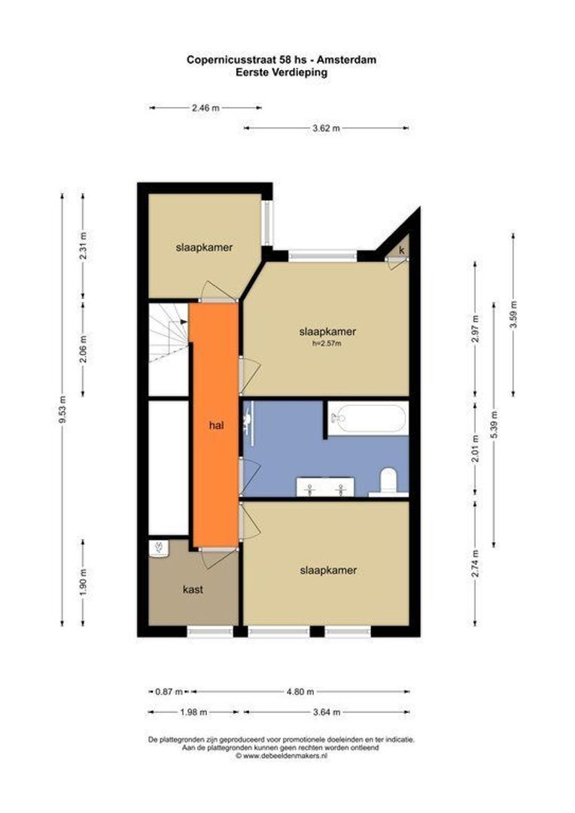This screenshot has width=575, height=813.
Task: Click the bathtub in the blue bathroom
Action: point(368,419)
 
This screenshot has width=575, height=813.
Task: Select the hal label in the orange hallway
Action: point(216,425)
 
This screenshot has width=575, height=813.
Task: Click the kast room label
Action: point(193,589)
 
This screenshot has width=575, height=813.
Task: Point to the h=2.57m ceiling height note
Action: point(327,343)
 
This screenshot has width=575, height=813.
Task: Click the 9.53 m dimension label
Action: point(62,410)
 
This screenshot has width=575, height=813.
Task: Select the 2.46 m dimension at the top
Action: point(205,108)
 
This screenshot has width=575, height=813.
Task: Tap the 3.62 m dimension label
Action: point(326,128)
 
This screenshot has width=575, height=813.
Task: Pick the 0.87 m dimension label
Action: point(169,692)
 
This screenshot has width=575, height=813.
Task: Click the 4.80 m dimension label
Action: point(300,692)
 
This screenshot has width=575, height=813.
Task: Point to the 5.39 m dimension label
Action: point(494,424)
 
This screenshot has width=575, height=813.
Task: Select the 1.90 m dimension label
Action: point(84,583)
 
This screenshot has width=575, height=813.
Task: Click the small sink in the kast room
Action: point(159,549)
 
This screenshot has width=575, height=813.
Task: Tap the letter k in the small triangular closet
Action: point(402,250)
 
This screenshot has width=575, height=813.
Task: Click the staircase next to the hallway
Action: point(169,333)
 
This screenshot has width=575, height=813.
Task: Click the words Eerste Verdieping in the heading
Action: point(281,72)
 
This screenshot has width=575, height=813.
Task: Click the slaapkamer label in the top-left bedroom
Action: point(204,248)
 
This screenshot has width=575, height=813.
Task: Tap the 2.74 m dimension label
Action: point(476,562)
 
